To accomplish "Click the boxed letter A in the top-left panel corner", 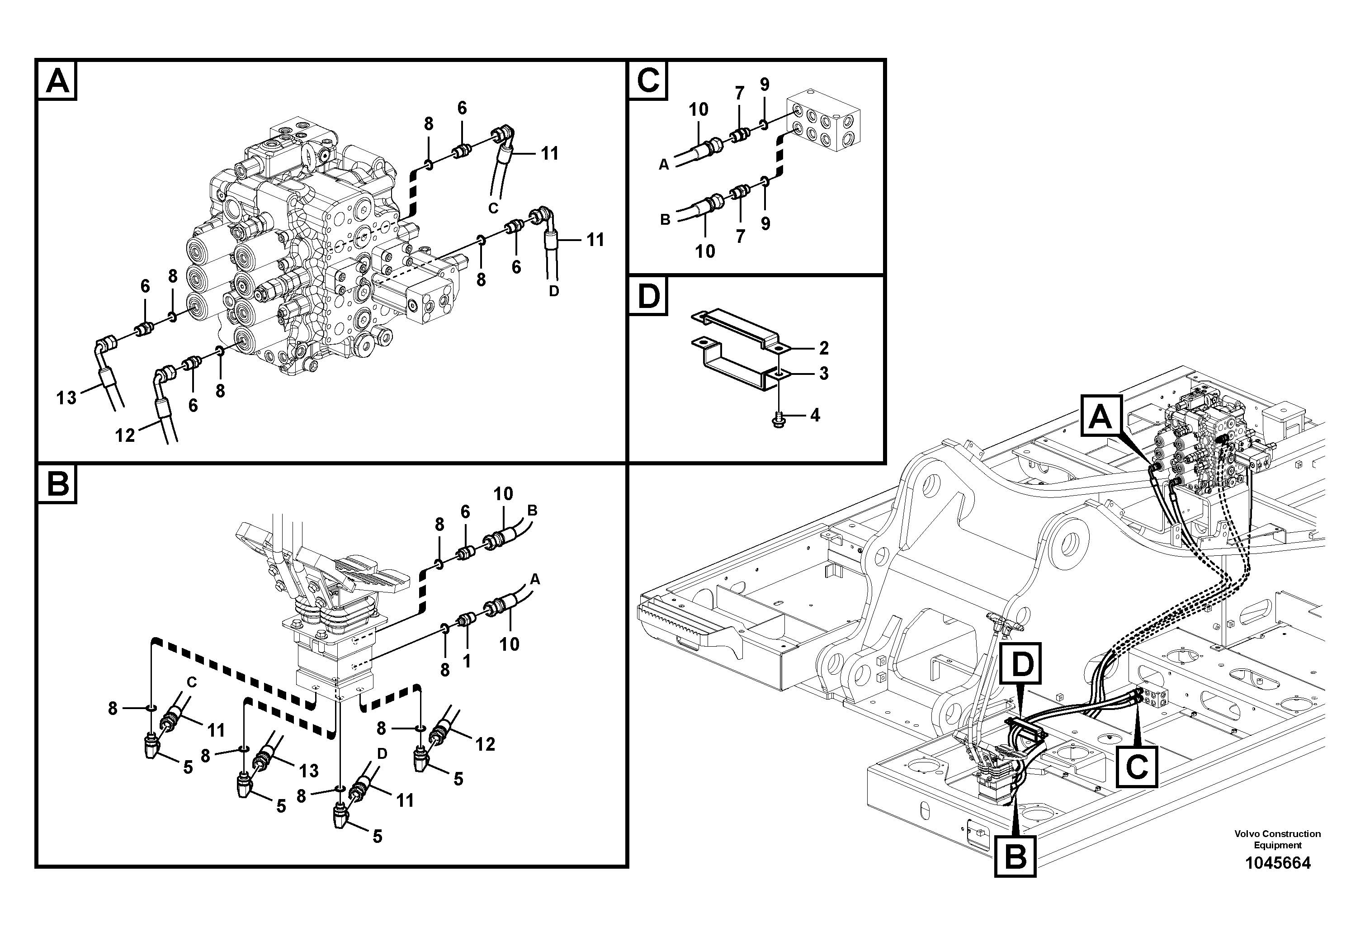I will click(57, 80).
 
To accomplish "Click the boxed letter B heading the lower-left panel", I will click(57, 484).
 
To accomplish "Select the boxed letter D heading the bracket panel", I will click(648, 297).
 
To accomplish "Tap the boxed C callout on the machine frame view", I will click(1137, 766).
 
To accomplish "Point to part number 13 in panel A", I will click(66, 397).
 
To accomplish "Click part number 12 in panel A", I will click(125, 435).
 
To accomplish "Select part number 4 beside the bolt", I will click(815, 415).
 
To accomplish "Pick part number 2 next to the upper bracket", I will click(824, 348).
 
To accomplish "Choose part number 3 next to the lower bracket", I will click(824, 374).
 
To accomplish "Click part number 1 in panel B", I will click(467, 662).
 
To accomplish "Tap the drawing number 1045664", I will click(1277, 863).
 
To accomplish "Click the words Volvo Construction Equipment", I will click(1277, 839).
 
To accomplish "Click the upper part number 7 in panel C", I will click(739, 93).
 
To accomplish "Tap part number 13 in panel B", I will click(309, 771).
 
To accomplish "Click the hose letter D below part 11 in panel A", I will click(553, 290).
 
